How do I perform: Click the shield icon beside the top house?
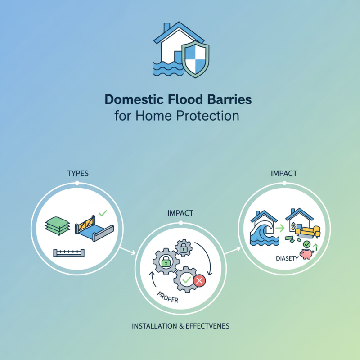coord(194,60)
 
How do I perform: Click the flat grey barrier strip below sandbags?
coord(69,252)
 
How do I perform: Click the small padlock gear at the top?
coord(183,247)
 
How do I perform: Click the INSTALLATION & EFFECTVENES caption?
coord(181,325)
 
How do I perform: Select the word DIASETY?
coord(286,258)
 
